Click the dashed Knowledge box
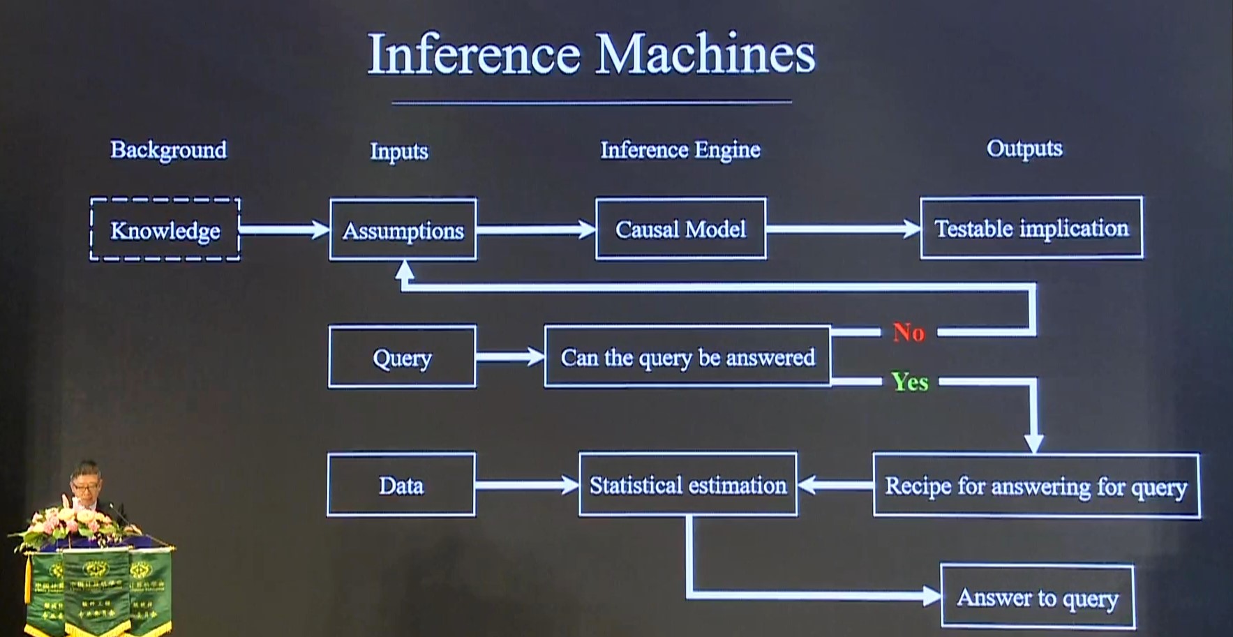pos(165,230)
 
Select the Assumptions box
pos(403,230)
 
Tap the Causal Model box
pos(680,229)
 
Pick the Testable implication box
pos(1031,228)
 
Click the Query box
pos(402,357)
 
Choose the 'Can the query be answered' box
pos(687,357)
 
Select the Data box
pos(401,485)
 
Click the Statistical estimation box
pos(687,485)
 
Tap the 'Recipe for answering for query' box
pos(1036,486)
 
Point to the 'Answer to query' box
pos(1037,597)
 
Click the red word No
pos(909,332)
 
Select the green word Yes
pos(909,382)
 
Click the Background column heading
pos(168,149)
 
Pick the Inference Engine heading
pos(680,149)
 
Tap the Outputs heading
pos(1024,148)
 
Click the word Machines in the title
pos(704,54)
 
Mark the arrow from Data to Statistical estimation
pos(527,485)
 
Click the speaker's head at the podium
pos(86,478)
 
